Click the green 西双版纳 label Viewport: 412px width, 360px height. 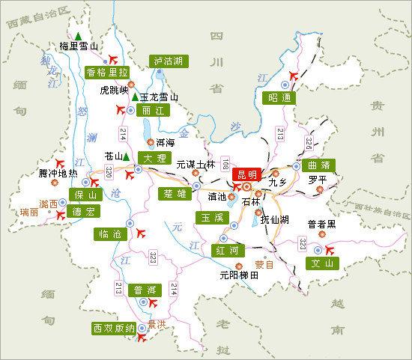click(114, 328)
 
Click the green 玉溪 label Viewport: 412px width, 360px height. click(208, 217)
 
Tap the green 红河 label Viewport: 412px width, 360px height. click(228, 249)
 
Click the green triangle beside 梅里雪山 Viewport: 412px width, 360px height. click(78, 33)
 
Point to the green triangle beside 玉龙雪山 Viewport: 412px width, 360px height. click(135, 97)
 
